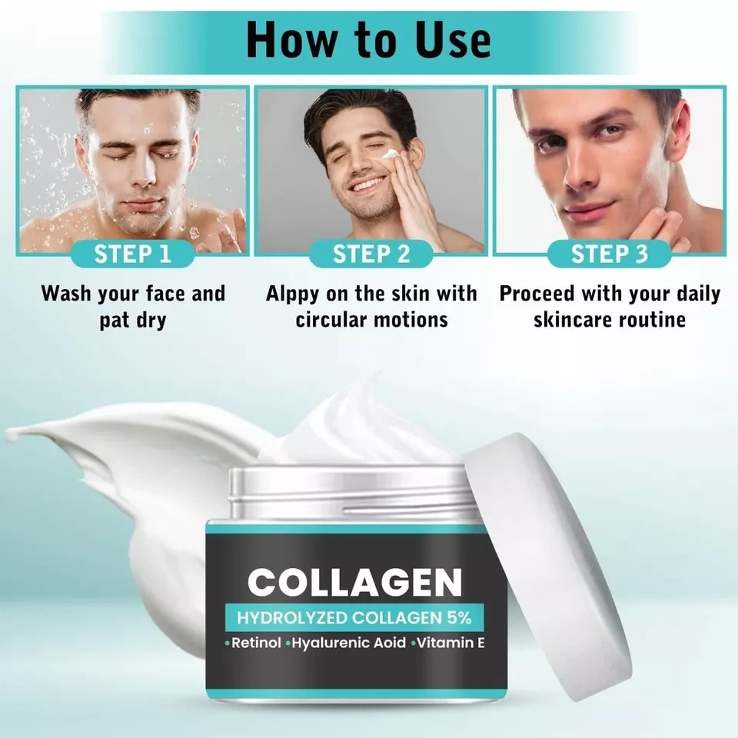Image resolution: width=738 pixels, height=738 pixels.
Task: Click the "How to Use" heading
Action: coord(368,39)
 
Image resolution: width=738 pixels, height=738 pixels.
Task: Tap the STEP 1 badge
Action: coord(132,254)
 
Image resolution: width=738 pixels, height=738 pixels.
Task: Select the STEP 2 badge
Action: coord(371,254)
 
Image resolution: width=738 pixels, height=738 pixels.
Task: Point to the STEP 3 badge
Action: coord(610,254)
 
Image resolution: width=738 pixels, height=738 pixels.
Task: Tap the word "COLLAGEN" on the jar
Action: coord(355,582)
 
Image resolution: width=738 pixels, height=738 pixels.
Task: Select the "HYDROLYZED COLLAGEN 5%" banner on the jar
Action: coord(354,617)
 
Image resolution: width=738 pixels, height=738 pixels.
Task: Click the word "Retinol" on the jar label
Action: coord(256,643)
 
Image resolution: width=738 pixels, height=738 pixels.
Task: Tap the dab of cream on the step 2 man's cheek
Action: coord(391,155)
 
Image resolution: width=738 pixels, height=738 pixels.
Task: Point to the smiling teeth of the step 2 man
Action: coord(367,184)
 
